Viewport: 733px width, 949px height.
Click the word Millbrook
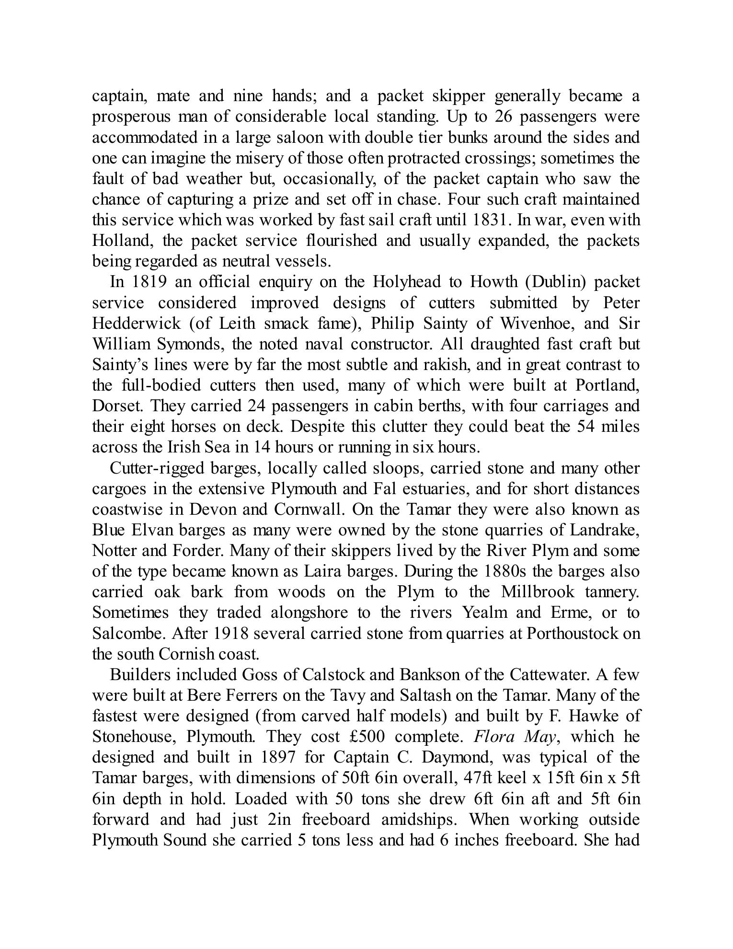[x=538, y=592]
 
